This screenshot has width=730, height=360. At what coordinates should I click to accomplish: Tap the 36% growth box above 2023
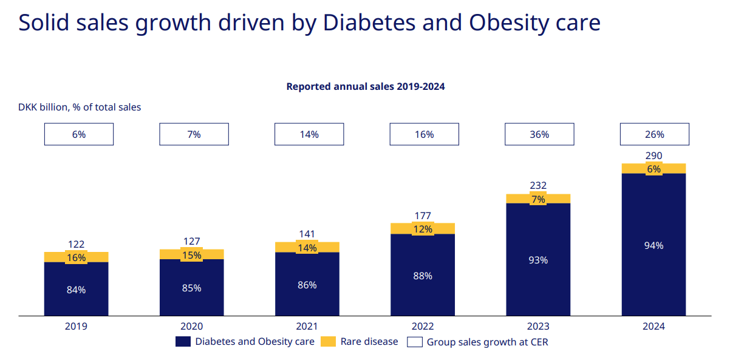point(539,134)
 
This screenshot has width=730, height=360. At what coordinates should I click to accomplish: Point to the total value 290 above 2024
point(654,155)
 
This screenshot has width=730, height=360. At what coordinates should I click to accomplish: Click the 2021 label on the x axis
point(307,326)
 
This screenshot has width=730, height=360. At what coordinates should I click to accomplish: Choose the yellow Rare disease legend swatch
point(328,342)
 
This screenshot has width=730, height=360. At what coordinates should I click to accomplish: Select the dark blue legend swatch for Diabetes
point(183,342)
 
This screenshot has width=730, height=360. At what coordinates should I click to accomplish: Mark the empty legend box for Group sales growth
point(414,342)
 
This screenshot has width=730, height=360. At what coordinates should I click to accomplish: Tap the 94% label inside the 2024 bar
point(654,245)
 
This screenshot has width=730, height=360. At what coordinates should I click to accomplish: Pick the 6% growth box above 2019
point(78,134)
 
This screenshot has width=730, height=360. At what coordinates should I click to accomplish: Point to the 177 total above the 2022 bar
point(423,216)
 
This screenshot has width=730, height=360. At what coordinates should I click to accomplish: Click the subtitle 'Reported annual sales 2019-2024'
point(366,86)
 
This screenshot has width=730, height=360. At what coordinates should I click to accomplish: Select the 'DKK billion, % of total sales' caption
point(80,107)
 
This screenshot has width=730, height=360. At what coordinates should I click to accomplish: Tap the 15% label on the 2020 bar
point(191,255)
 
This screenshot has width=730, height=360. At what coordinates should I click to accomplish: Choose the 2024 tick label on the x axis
point(653,326)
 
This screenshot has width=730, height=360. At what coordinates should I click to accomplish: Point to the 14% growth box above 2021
point(309,134)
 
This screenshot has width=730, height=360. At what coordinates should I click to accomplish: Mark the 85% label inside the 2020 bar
point(191,288)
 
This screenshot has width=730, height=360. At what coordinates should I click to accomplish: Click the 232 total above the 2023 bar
point(538,186)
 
